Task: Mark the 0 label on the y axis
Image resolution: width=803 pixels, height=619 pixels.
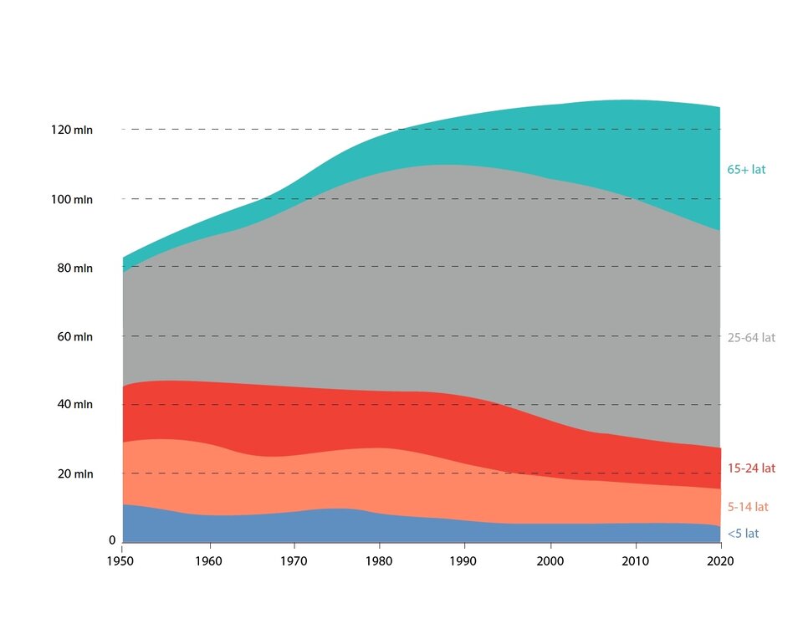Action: point(111,541)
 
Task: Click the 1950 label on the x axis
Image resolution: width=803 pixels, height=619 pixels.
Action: point(122,560)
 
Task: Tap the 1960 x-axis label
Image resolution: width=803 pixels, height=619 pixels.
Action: point(207,560)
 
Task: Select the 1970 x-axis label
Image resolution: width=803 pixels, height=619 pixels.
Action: point(294,560)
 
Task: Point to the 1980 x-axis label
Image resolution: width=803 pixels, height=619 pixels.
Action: point(379,560)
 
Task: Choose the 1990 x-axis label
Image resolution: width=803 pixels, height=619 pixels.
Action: point(464,560)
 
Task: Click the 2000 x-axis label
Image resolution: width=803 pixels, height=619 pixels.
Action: point(550,560)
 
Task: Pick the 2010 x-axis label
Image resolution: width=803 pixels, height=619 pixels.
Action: point(635,560)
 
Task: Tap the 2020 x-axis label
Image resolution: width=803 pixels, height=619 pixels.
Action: point(720,560)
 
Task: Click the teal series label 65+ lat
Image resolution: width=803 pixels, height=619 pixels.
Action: point(746,170)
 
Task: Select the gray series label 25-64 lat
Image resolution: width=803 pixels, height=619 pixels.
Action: point(751,339)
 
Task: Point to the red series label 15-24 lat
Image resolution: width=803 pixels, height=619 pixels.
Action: point(751,468)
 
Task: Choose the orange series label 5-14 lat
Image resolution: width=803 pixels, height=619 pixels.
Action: point(748,507)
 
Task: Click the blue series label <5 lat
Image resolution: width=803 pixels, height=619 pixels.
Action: point(744,534)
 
